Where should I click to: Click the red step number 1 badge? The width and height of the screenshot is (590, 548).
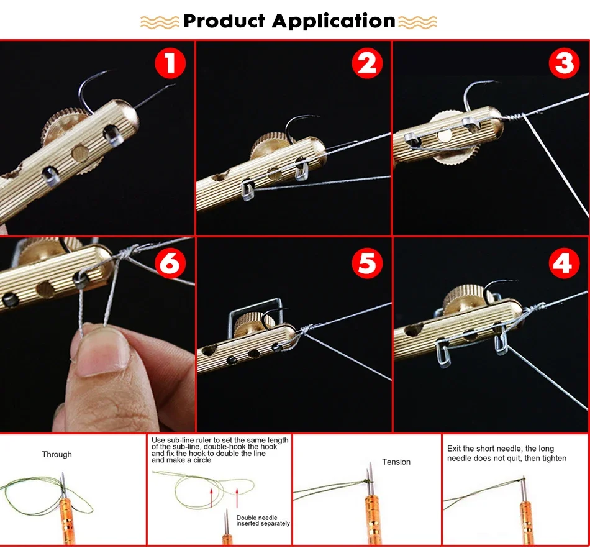pos(170,63)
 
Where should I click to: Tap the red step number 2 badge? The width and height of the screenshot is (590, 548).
pos(367,63)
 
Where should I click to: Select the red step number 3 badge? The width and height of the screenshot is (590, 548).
pos(564,63)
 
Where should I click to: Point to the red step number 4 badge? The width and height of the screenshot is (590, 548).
pos(564,263)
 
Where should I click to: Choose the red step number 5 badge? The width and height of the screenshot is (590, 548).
pos(367,263)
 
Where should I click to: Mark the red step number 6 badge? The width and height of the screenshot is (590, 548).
pos(170,263)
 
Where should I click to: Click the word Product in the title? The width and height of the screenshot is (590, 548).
pos(224,21)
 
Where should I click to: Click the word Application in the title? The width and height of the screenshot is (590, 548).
pos(334,22)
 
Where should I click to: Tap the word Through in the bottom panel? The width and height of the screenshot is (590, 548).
pos(57,455)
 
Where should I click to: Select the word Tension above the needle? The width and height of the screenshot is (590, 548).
pos(396,462)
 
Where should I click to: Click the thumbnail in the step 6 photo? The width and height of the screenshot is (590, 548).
pos(102,352)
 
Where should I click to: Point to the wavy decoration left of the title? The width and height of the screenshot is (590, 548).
pos(160,22)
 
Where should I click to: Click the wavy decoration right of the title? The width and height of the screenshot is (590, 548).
pos(417,22)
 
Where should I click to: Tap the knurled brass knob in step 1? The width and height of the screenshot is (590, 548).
pos(60,124)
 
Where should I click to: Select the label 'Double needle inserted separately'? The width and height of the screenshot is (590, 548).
pos(263,521)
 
